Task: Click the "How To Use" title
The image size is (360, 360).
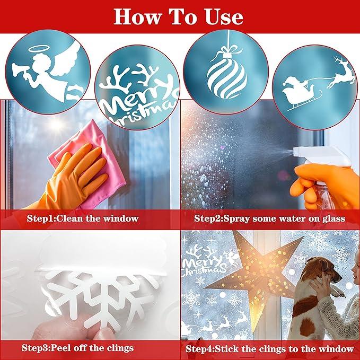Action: coord(178,16)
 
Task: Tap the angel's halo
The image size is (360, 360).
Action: coord(38,48)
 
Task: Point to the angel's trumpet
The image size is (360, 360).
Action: coord(21,69)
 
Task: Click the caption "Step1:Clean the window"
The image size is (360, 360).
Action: coord(83,218)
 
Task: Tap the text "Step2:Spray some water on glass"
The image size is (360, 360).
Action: coord(269,218)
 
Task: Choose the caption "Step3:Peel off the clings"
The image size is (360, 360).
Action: coord(77,348)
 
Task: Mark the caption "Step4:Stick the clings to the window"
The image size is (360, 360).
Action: coord(269,349)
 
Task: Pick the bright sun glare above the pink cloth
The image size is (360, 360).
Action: coord(56,125)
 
